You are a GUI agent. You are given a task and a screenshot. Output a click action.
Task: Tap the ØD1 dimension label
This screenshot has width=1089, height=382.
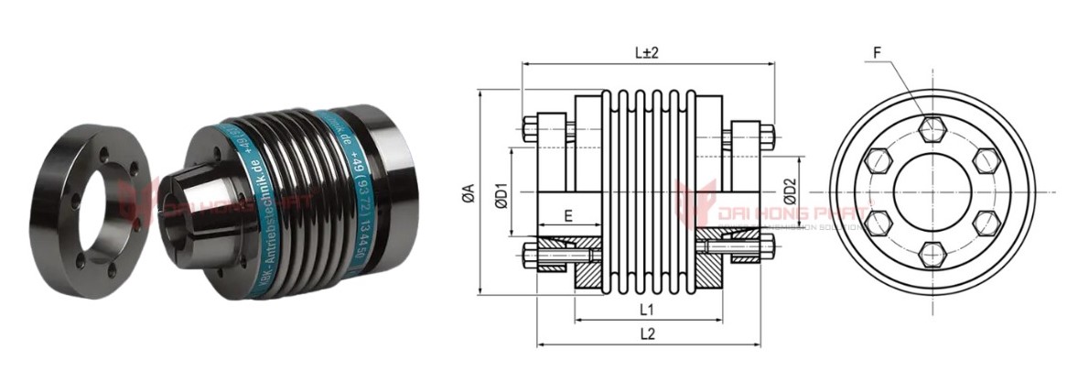click(x=501, y=194)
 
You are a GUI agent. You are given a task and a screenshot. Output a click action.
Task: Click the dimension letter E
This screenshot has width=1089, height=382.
click(x=568, y=218)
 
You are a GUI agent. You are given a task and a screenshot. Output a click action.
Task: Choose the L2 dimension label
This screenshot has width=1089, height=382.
click(x=647, y=334)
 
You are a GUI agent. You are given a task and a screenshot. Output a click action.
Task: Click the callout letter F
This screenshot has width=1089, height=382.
click(x=877, y=54)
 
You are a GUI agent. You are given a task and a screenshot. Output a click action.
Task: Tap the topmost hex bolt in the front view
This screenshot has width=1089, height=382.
click(x=932, y=129)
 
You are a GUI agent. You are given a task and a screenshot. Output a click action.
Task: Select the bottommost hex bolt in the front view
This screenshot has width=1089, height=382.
click(x=932, y=254)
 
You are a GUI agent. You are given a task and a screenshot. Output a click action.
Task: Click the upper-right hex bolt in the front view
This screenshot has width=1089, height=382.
click(x=985, y=160)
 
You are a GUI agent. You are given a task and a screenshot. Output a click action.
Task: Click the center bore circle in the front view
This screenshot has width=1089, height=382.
click(x=932, y=191)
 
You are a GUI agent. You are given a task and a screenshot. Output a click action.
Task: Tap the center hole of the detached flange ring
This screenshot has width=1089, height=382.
click(x=99, y=195)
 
